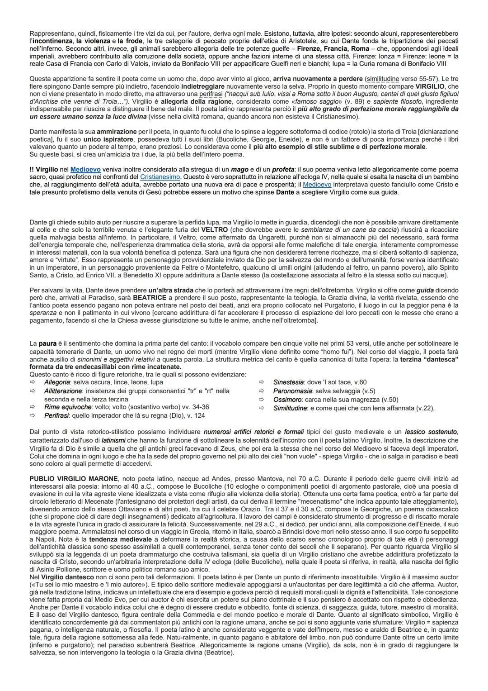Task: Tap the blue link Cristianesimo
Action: point(160,176)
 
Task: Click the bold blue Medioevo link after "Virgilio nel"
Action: point(83,169)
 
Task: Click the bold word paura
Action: point(47,343)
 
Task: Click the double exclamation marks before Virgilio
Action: point(32,169)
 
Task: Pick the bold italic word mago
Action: point(238,169)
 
